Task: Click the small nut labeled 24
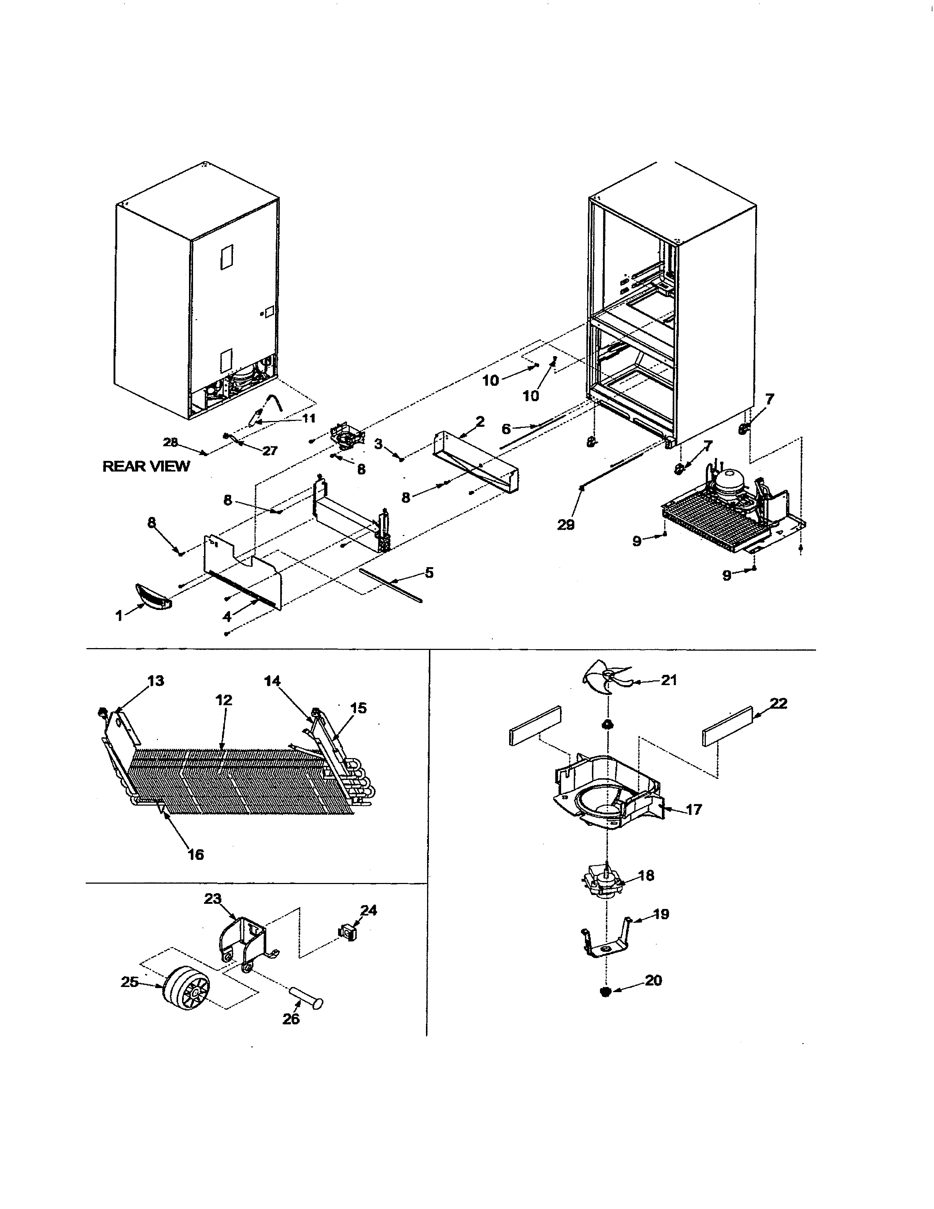point(347,933)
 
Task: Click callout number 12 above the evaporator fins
point(223,700)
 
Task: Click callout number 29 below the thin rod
point(566,524)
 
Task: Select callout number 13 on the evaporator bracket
point(155,680)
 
